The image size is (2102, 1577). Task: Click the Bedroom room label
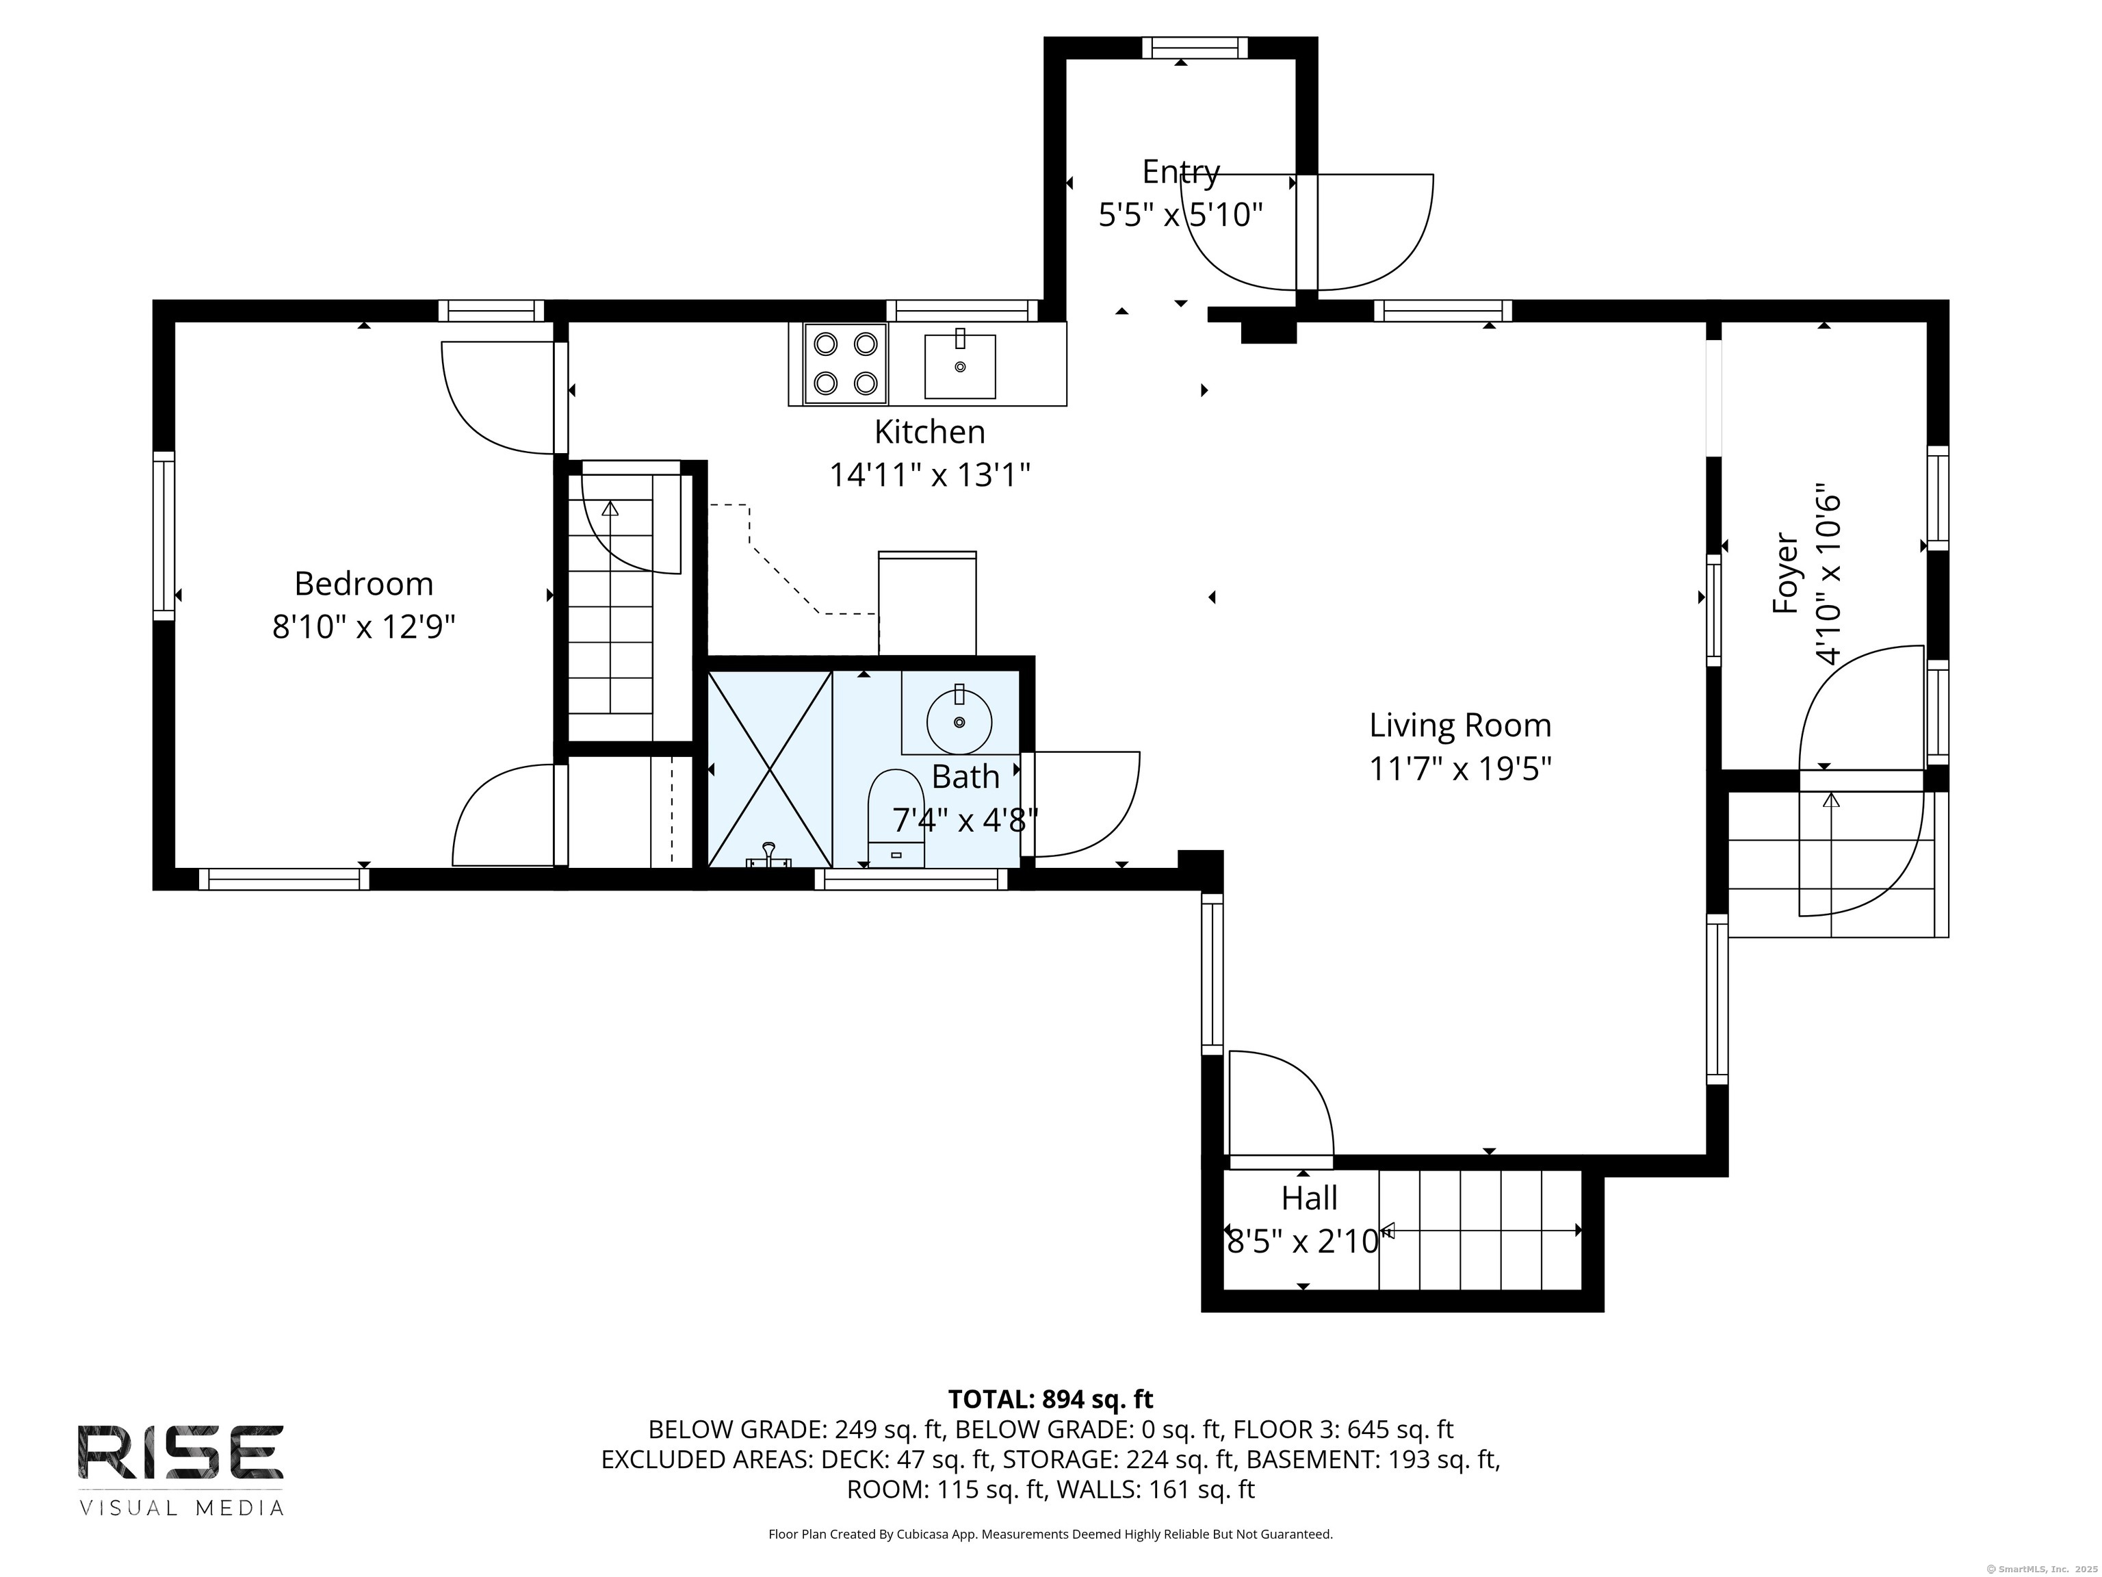pos(363,582)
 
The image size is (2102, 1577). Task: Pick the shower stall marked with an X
pos(770,768)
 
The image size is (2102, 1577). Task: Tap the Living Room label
pos(1459,726)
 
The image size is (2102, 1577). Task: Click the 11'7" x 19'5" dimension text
pos(1459,768)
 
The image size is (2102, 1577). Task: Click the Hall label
pos(1310,1198)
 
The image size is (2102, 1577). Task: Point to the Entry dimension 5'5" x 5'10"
pos(1180,215)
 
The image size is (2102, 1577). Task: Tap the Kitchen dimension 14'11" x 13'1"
pos(931,474)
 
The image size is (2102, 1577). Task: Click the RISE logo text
pos(181,1452)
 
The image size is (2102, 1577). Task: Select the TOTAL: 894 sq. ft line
pos(1050,1399)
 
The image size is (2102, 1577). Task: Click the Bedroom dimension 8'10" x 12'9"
pos(363,626)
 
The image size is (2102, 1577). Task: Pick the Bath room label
pos(965,777)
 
